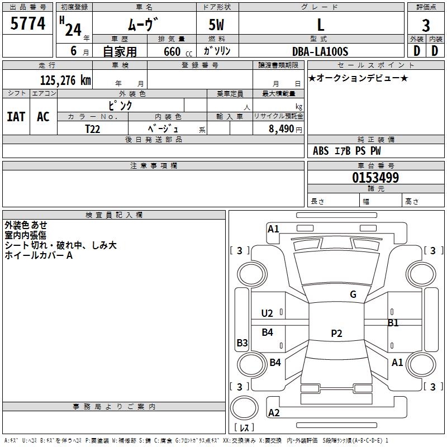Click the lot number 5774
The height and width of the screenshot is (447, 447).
(27, 23)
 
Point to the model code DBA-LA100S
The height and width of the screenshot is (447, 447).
(320, 51)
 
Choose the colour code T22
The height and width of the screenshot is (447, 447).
(93, 128)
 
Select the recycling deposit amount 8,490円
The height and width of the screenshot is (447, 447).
(285, 129)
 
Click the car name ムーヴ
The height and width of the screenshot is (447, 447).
(144, 24)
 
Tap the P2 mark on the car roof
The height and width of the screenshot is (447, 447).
(336, 334)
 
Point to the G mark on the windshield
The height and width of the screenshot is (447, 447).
(353, 294)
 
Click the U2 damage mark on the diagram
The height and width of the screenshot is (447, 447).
(267, 313)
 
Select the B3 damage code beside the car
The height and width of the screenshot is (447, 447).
(242, 343)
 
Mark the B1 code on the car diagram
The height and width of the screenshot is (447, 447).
(393, 323)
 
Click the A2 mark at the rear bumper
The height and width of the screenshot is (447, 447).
(274, 413)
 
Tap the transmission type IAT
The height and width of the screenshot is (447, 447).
(16, 117)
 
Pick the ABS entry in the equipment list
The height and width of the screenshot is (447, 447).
(321, 151)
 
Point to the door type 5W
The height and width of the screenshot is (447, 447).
(217, 24)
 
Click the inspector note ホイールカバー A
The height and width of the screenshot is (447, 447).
(39, 255)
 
